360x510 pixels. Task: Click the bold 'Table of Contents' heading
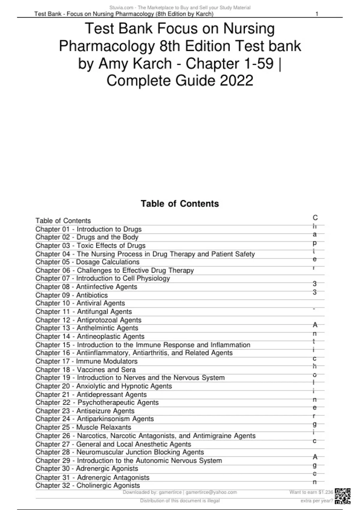(180, 204)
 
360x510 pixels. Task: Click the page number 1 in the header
(317, 14)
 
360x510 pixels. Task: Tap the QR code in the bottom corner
(343, 496)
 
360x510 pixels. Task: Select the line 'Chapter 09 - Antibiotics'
(71, 295)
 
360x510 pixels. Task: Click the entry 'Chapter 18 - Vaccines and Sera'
(85, 370)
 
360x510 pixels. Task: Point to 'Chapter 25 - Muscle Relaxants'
(83, 427)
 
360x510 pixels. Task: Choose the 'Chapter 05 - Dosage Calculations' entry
(87, 262)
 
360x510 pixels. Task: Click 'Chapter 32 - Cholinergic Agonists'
(88, 485)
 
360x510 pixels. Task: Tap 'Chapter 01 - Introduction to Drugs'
(88, 229)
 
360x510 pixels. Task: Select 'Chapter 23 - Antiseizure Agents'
(85, 411)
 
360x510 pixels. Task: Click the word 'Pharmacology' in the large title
(106, 46)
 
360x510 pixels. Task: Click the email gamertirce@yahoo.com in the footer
(211, 492)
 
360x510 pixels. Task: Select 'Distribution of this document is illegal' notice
(180, 501)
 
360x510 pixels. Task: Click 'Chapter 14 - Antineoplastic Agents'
(90, 337)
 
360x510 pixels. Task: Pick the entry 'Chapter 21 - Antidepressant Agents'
(91, 394)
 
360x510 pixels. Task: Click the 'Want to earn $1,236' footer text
(311, 492)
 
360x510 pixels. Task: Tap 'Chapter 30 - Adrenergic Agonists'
(87, 469)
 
